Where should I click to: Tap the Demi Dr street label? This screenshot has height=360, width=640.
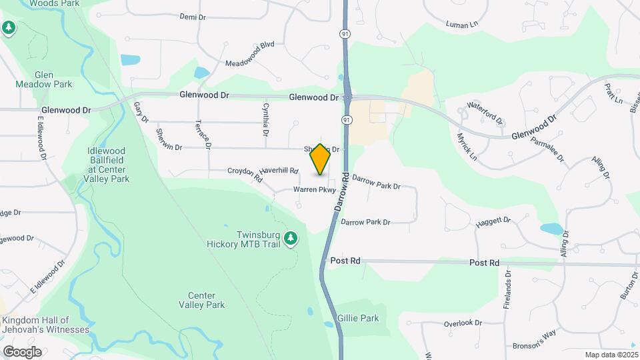pyautogui.click(x=193, y=17)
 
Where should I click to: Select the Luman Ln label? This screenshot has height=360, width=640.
pyautogui.click(x=463, y=25)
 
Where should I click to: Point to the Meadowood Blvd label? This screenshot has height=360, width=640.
pyautogui.click(x=250, y=63)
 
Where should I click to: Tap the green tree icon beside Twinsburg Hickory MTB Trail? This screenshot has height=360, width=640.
pyautogui.click(x=290, y=239)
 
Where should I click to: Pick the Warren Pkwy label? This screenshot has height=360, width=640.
pyautogui.click(x=313, y=190)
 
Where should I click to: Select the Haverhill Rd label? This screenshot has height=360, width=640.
pyautogui.click(x=279, y=171)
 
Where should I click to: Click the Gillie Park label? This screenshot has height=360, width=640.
pyautogui.click(x=358, y=318)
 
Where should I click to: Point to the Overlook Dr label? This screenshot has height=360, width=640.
pyautogui.click(x=463, y=323)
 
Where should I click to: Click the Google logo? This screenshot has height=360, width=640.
pyautogui.click(x=22, y=351)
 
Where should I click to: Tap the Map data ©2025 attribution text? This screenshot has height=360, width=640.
pyautogui.click(x=611, y=355)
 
